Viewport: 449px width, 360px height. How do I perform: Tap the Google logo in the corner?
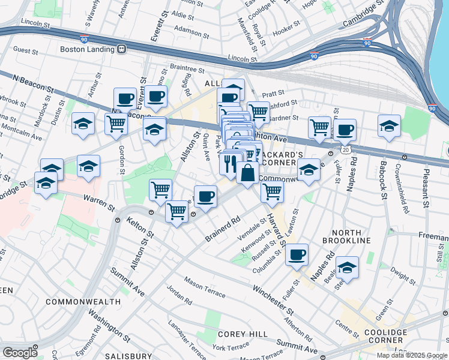(19, 353)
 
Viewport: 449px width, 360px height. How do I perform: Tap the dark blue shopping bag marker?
(248, 172)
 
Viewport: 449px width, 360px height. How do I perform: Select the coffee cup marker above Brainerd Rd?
(205, 196)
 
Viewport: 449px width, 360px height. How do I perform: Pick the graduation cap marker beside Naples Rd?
(347, 268)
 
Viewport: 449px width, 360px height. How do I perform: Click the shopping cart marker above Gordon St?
(116, 124)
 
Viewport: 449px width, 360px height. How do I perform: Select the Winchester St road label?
(273, 293)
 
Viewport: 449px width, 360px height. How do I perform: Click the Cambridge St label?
(363, 16)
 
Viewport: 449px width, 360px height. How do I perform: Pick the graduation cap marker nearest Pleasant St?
(389, 126)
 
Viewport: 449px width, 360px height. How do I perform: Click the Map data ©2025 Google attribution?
(411, 355)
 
